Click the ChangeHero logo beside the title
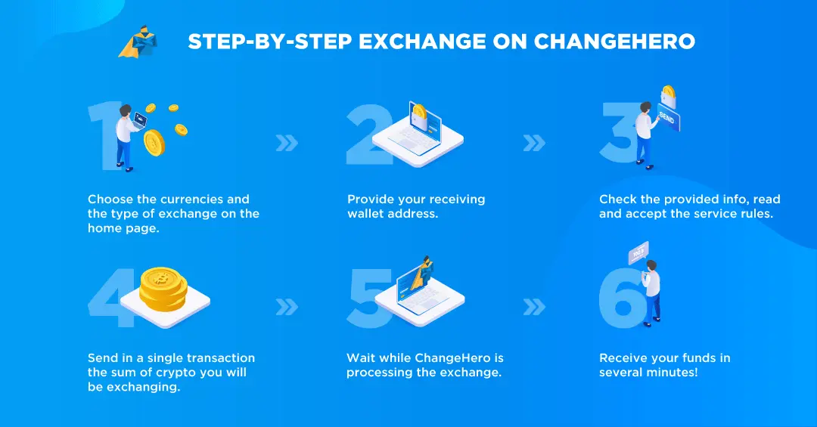click(x=138, y=41)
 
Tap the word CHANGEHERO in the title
click(x=614, y=42)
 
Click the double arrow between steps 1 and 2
click(x=287, y=143)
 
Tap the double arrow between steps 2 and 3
click(x=534, y=143)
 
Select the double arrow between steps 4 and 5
click(x=287, y=307)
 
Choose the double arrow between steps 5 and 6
click(x=534, y=307)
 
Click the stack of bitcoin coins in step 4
click(x=163, y=289)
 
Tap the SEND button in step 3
click(x=669, y=118)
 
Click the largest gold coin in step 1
click(x=154, y=142)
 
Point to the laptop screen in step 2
click(x=425, y=124)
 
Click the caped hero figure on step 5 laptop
click(x=421, y=274)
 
